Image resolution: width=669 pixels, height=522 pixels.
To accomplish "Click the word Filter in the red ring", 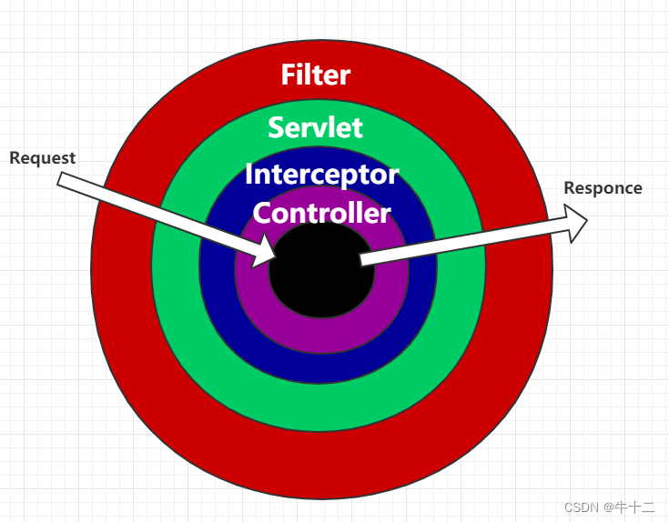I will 315,75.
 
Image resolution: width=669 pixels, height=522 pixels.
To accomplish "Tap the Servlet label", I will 315,126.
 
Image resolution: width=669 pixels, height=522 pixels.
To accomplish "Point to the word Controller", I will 321,213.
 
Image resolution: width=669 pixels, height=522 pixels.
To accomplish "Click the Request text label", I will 43,157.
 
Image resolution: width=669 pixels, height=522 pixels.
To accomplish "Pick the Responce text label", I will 603,188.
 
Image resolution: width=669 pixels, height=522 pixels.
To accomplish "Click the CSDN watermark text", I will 579,507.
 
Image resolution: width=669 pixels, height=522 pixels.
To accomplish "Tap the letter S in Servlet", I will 276,126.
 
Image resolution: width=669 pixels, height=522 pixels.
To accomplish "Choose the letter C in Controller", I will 262,213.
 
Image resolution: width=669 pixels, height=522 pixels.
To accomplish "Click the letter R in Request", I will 15,157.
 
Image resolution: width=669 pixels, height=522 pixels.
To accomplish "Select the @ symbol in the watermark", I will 607,507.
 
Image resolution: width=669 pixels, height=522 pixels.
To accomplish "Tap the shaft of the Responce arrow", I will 464,243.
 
